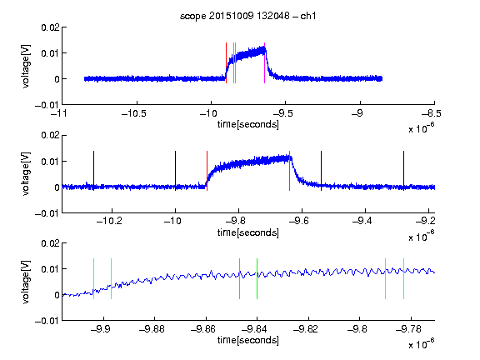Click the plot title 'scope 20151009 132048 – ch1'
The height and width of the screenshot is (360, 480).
coord(247,16)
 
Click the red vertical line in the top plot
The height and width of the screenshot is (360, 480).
coord(226,62)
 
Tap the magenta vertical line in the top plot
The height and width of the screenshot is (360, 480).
coord(264,62)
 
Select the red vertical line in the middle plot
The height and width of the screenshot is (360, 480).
coord(207,171)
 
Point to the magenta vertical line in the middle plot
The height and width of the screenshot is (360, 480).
coord(290,171)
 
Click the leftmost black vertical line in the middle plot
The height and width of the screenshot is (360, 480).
coord(93,171)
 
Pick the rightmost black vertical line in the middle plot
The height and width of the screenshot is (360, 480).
coord(403,171)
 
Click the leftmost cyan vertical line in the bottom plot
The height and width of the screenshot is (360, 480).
coord(93,279)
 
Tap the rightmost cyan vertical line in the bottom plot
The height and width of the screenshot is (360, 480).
coord(403,279)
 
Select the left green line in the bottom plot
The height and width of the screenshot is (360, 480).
coord(239,279)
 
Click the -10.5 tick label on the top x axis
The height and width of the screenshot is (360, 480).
coord(134,113)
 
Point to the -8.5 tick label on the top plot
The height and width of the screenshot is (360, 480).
coord(432,113)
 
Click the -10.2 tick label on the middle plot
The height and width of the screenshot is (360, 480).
coord(109,221)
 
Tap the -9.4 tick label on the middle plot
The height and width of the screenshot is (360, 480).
coord(362,221)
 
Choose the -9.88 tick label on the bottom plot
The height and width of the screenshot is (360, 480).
coord(152,329)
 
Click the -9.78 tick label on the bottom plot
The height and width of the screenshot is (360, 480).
coord(408,329)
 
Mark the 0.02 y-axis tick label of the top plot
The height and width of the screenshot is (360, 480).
coord(50,27)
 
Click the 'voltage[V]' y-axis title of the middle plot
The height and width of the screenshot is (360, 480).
coord(27,173)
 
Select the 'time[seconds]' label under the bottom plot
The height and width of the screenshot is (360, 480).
coord(248,340)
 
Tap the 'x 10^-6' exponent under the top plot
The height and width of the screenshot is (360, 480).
coord(421,128)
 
